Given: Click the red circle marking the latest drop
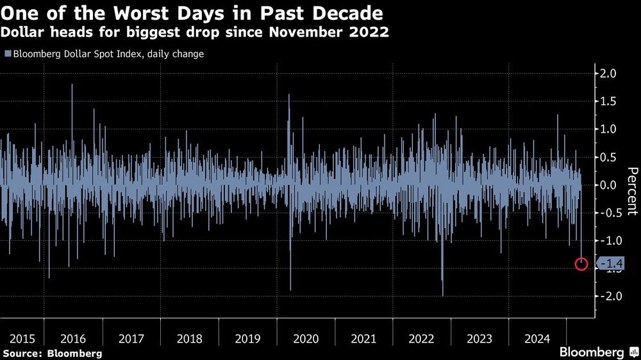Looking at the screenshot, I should pos(581,263).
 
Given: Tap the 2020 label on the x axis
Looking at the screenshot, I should pos(305,339).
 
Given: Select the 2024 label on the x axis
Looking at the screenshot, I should pos(537,339).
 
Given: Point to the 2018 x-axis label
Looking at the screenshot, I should pos(189,339).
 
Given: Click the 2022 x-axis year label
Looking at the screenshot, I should pos(421,339).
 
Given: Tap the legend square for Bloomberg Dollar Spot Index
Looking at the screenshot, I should pos(6,54).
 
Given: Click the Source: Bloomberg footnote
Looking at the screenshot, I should pos(52,353).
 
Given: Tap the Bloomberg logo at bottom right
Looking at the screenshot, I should pos(596,352).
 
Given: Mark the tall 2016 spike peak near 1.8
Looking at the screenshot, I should pos(72,85).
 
